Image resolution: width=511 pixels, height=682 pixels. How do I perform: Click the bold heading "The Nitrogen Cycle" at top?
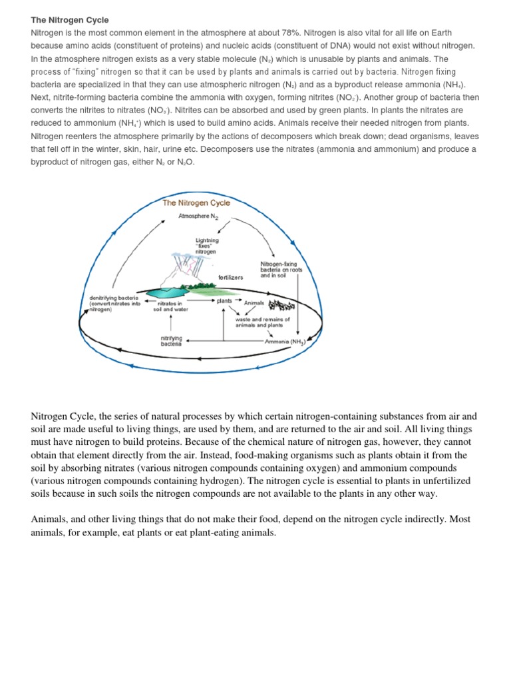point(70,21)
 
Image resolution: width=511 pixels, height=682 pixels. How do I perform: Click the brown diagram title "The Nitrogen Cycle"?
point(196,203)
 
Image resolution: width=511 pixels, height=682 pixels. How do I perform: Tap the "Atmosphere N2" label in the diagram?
point(198,216)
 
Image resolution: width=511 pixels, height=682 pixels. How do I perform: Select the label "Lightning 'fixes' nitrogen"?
point(207,245)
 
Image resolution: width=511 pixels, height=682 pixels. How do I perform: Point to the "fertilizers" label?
point(231,276)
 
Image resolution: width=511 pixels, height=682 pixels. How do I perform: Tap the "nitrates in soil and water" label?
point(171,306)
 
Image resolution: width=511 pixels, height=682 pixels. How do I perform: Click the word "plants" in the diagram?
point(225,301)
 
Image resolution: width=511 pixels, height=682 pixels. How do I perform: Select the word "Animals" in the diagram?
point(254,303)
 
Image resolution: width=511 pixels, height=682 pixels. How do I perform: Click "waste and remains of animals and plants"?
point(262,322)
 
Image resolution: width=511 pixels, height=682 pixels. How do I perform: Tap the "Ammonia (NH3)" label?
point(285,342)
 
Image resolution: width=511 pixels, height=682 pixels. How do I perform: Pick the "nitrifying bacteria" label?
point(171,341)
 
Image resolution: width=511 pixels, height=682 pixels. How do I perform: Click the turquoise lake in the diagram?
point(166,291)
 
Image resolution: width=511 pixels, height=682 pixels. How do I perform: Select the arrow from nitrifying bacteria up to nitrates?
point(172,324)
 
